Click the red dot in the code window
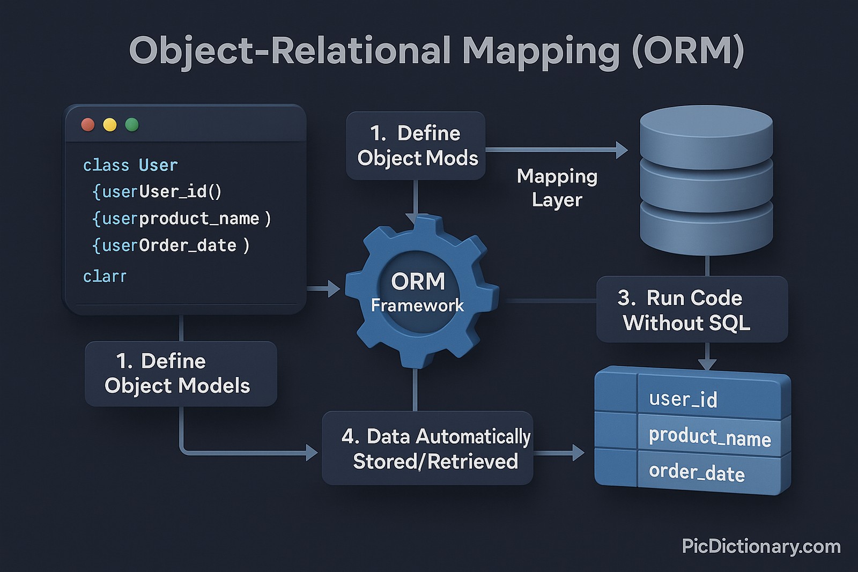click(88, 125)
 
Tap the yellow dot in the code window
click(110, 125)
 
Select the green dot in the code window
click(132, 125)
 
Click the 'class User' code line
click(130, 165)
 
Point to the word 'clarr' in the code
click(105, 277)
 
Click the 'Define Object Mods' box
click(416, 146)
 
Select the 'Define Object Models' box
click(180, 374)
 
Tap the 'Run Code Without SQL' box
click(692, 310)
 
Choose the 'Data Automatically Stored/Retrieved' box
click(427, 449)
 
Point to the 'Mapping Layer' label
click(557, 188)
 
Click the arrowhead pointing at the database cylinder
click(622, 150)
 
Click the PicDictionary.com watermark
click(761, 546)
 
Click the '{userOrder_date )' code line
click(171, 246)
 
